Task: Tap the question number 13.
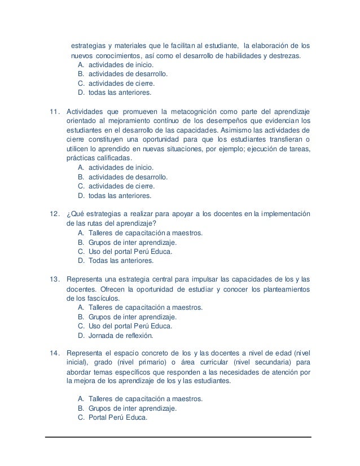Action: (55, 279)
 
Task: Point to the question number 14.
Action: (55, 353)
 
